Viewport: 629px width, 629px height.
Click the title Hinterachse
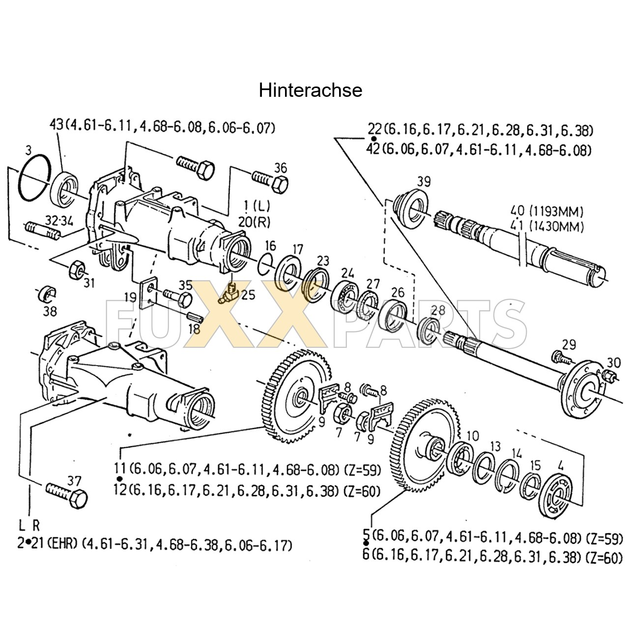311,90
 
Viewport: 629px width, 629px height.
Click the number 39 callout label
423,181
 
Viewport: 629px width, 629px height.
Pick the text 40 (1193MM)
546,212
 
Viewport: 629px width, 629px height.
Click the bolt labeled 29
562,357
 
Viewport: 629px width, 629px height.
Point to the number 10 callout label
472,435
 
